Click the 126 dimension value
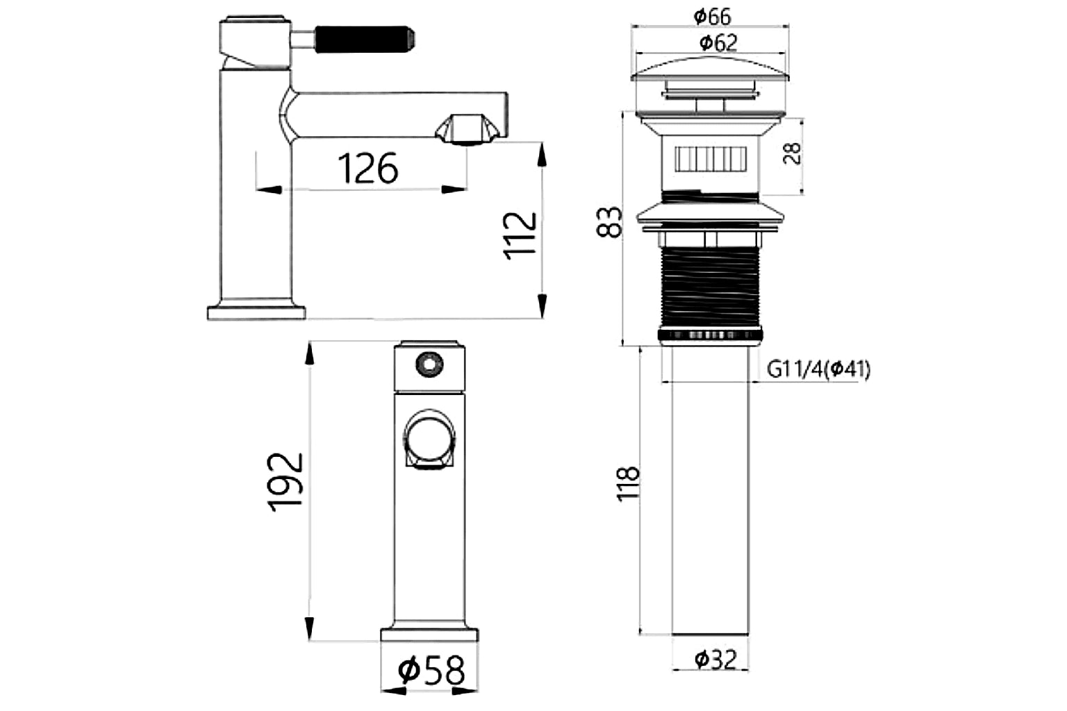click(x=367, y=168)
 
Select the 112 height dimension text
click(x=521, y=235)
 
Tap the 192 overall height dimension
click(x=287, y=482)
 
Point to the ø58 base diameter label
click(x=431, y=671)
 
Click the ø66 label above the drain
click(x=712, y=15)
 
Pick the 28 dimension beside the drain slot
click(x=793, y=153)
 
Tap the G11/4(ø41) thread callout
click(x=818, y=369)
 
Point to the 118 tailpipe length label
click(x=629, y=484)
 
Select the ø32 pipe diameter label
click(x=716, y=658)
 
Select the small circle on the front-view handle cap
click(x=427, y=363)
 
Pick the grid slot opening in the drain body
click(x=710, y=159)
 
